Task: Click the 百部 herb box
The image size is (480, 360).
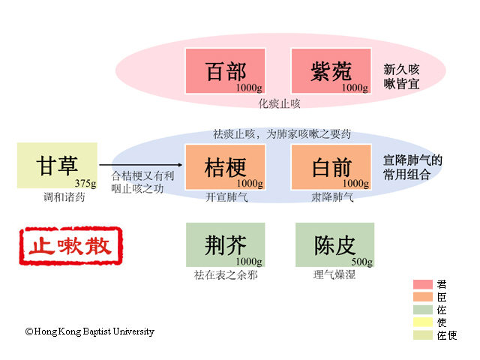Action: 225,70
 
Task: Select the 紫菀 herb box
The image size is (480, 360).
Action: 331,70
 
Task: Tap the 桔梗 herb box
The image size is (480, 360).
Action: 225,167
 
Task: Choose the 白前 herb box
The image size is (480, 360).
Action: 331,167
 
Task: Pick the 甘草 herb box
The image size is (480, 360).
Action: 57,165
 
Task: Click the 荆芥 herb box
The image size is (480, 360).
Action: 225,245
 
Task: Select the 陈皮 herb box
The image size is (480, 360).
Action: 335,245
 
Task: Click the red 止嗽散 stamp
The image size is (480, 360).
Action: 70,246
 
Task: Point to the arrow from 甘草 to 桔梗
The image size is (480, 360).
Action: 141,165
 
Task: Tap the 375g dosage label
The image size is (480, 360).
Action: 85,183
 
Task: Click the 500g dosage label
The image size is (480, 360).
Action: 362,262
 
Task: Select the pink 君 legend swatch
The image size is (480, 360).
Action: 423,284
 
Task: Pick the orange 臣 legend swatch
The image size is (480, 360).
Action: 423,297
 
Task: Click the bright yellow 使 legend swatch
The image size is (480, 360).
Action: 423,322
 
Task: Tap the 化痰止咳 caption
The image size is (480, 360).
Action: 279,103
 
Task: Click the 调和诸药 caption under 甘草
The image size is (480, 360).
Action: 64,196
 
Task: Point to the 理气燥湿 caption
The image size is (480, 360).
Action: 334,274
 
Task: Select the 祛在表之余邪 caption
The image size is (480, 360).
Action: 226,275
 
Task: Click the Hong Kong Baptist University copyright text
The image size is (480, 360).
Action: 90,331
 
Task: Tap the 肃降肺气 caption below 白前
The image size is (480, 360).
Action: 332,197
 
